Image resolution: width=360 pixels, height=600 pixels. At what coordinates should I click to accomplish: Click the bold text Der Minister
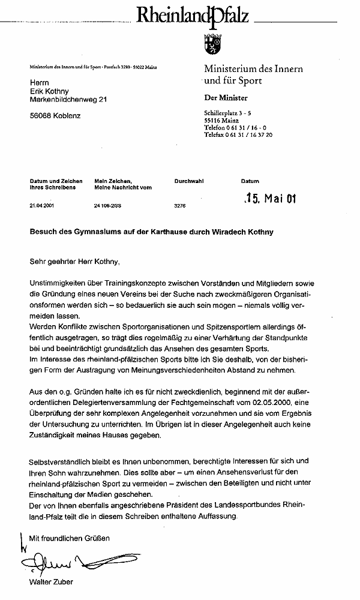tap(226, 98)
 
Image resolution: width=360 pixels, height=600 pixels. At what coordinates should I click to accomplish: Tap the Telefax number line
tap(238, 135)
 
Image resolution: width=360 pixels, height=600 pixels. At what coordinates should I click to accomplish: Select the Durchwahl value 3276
tap(180, 205)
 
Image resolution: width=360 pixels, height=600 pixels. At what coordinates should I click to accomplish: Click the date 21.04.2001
tap(41, 205)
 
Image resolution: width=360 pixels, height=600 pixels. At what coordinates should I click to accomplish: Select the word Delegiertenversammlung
tap(112, 403)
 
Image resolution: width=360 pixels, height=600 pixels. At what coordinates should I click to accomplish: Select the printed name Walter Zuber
tap(53, 582)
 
